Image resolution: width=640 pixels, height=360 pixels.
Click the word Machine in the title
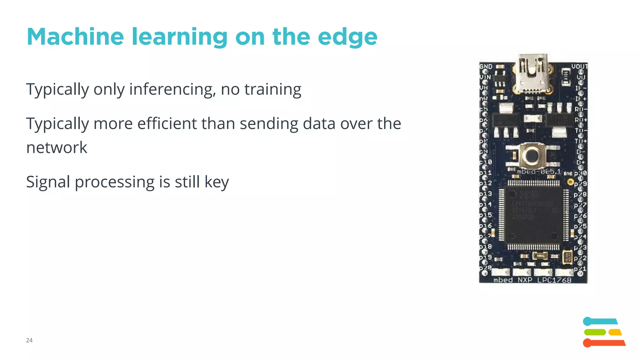coord(75,37)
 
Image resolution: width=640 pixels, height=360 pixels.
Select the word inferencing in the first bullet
coord(172,89)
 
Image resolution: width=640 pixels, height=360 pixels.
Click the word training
coord(272,89)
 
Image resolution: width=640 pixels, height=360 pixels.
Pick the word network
coord(57,147)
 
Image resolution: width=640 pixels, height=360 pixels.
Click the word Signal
coord(48,182)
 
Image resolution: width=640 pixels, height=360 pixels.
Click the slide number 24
coord(29,340)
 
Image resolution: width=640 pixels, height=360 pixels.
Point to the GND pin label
coord(486,67)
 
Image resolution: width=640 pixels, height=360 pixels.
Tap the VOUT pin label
coord(579,66)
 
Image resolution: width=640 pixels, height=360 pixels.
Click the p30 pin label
coord(580,173)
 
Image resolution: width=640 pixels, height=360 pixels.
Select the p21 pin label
coord(580,269)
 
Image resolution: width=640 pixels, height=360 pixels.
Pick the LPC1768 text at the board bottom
coord(554,280)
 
